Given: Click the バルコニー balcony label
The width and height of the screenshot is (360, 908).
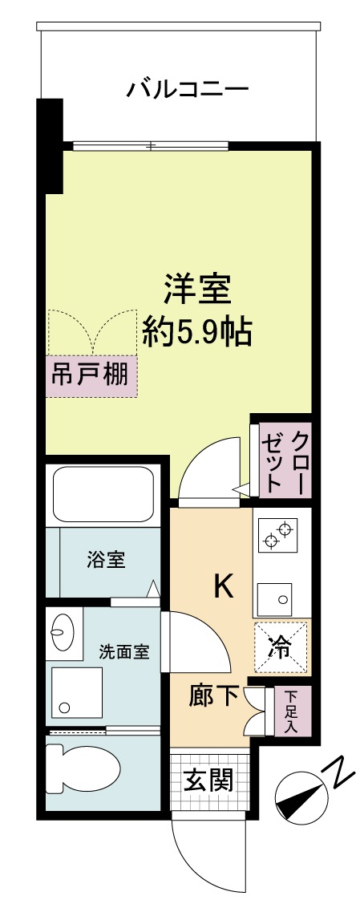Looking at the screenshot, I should [x=188, y=89].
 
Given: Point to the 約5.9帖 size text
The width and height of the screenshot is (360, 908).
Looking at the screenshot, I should [x=196, y=330].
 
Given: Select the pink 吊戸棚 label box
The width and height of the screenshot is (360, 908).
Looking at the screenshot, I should [x=91, y=376].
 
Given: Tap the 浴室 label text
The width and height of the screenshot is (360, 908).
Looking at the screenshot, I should [x=105, y=560].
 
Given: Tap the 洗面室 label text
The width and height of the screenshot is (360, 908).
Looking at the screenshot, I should [x=124, y=651].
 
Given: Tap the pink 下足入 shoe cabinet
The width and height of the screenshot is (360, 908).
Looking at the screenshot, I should [x=290, y=711].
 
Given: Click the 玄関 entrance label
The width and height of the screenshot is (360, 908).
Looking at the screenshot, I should [x=208, y=780].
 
